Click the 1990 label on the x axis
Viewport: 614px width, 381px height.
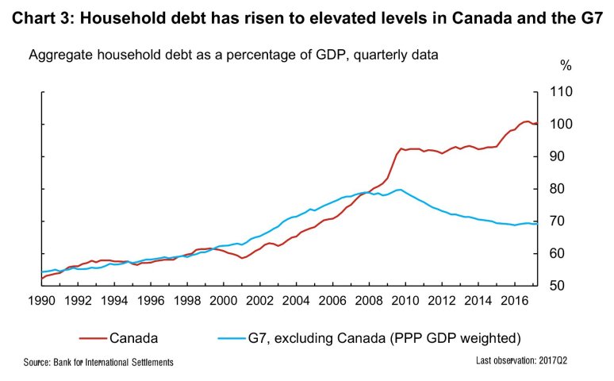tap(40, 302)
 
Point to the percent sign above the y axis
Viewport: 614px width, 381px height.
tap(565, 65)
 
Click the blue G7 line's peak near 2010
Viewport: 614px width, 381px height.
tap(399, 190)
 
